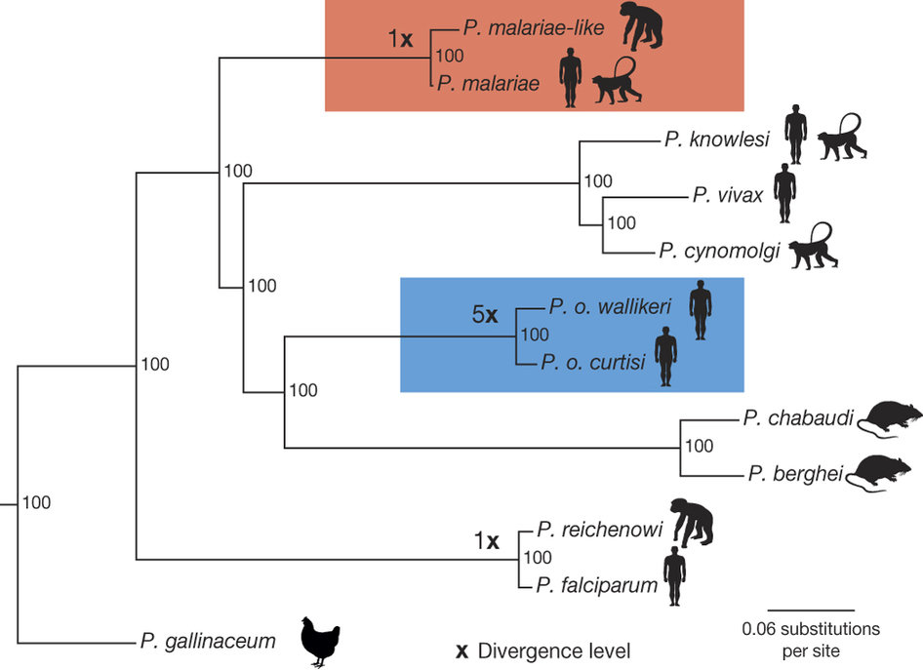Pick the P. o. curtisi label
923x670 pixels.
pyautogui.click(x=594, y=363)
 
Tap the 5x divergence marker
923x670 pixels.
pyautogui.click(x=485, y=315)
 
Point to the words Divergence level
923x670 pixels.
pyautogui.click(x=556, y=650)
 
